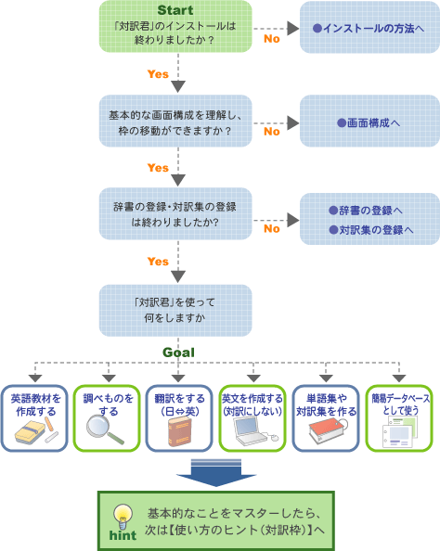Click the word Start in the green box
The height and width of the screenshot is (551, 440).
(175, 10)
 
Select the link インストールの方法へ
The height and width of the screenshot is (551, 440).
(369, 28)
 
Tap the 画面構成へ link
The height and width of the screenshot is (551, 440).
(369, 123)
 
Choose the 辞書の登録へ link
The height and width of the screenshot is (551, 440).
(366, 211)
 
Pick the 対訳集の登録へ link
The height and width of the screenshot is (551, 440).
(370, 230)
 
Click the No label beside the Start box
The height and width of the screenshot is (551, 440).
(272, 39)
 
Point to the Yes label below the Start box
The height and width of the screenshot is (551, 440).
(158, 74)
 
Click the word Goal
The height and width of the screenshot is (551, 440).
(178, 352)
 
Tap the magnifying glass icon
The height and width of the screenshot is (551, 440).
(105, 429)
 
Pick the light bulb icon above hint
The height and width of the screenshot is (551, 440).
(123, 517)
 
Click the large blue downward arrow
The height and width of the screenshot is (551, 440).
(216, 473)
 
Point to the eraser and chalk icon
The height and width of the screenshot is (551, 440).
(36, 431)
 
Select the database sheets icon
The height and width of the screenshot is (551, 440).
(400, 432)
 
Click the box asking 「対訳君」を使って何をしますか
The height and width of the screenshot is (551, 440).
(175, 311)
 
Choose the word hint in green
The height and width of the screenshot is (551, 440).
(123, 535)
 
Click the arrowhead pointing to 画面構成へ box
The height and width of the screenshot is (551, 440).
(293, 123)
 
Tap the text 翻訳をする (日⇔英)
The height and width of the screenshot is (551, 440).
(179, 404)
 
